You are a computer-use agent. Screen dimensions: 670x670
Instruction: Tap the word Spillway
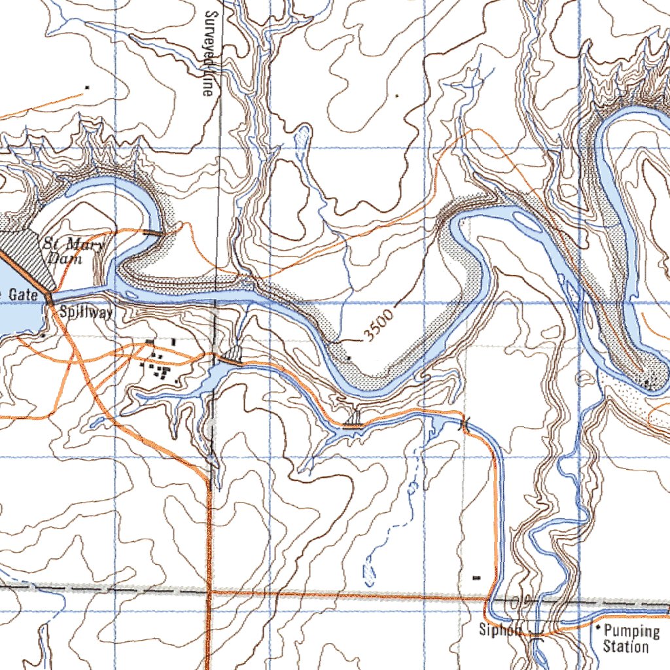tap(86, 312)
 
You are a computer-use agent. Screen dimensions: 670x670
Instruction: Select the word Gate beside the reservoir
tap(22, 295)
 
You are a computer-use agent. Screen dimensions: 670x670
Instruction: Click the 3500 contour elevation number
tap(380, 326)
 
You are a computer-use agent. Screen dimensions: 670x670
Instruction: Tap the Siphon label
tap(501, 631)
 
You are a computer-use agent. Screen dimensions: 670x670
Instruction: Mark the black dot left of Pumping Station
tap(597, 627)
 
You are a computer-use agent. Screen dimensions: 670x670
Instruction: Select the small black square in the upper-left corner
tap(87, 86)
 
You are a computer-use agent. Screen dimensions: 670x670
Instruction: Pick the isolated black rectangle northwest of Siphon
tap(476, 578)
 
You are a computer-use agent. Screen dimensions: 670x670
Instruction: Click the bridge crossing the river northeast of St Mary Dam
tap(154, 232)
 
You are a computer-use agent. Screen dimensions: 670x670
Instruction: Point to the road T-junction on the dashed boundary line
tap(209, 591)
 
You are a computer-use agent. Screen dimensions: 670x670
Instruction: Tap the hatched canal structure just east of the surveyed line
tap(230, 359)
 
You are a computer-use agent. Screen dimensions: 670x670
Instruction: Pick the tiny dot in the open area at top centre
tap(397, 96)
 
